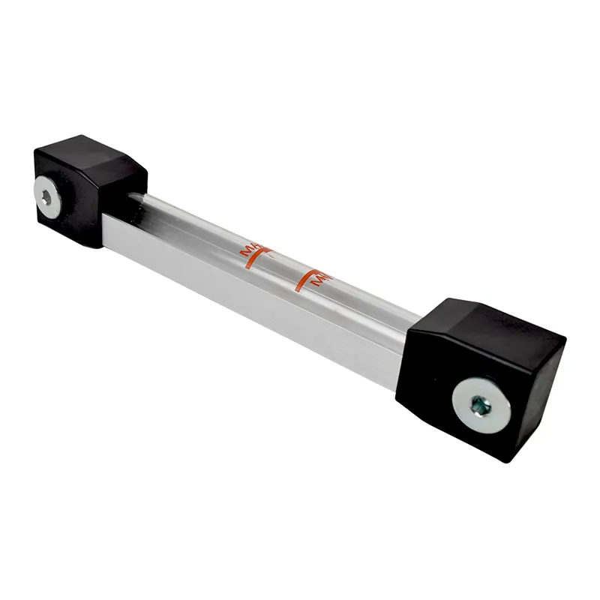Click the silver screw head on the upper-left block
coord(47,198)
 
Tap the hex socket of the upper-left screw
coord(46,198)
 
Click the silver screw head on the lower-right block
coord(481,406)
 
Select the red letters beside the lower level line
coord(321,280)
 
